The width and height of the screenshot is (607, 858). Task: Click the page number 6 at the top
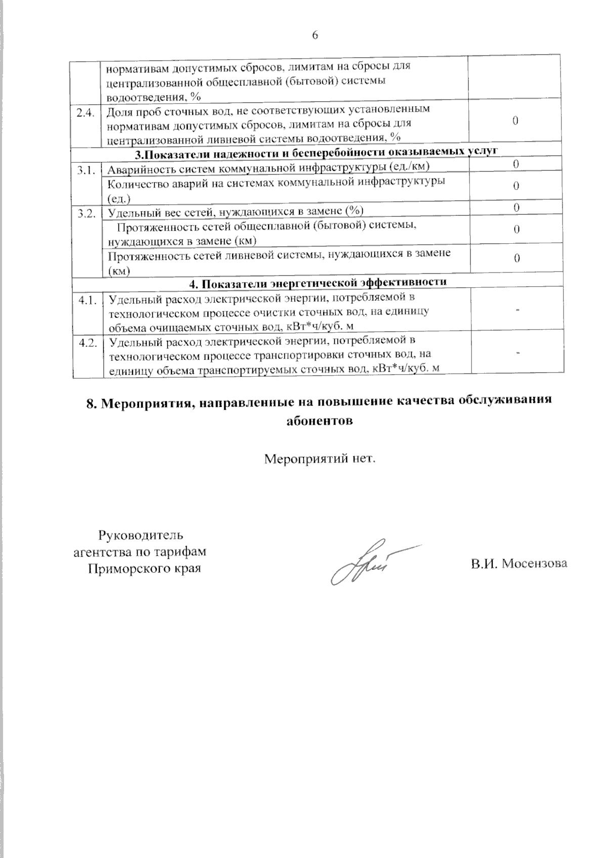[x=315, y=35]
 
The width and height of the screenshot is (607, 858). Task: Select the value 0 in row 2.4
[x=515, y=120]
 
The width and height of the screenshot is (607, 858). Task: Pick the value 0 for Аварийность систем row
[x=515, y=164]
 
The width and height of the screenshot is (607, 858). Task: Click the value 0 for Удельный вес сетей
[x=516, y=207]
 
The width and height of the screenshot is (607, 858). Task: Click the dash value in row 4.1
[x=517, y=309]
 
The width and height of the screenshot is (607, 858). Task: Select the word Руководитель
[x=140, y=535]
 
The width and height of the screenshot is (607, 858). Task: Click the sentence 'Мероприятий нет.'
[x=321, y=460]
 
